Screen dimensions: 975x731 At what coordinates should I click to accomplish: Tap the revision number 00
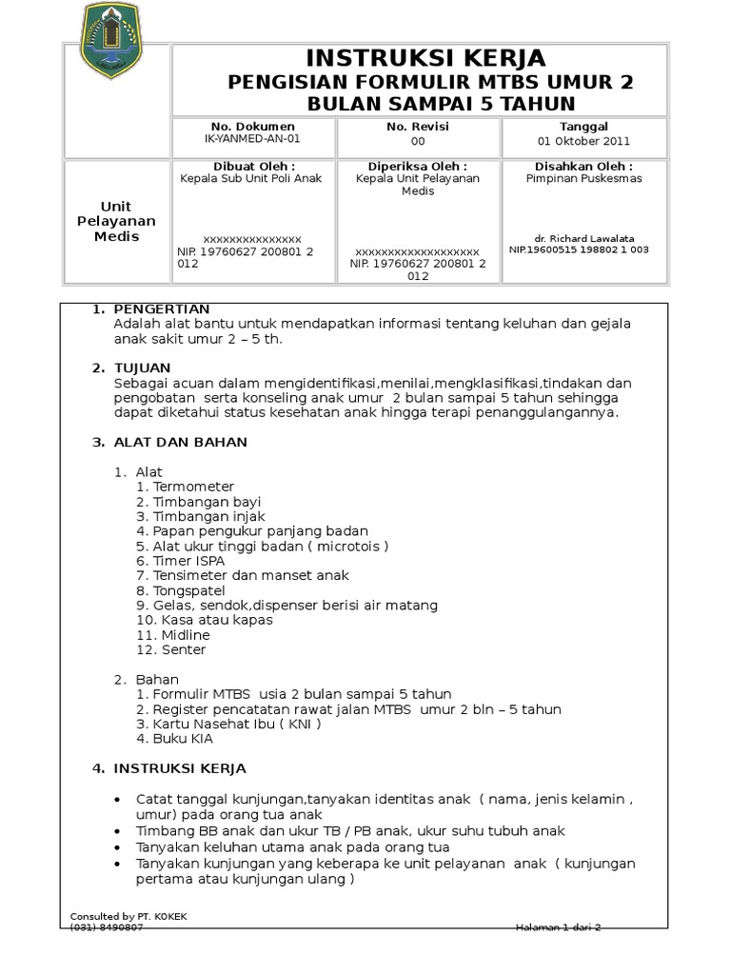pyautogui.click(x=418, y=141)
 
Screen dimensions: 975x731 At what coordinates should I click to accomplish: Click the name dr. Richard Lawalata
pyautogui.click(x=584, y=238)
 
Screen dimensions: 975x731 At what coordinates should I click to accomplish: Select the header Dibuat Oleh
pyautogui.click(x=252, y=166)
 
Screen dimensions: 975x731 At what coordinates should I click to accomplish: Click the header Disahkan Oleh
pyautogui.click(x=584, y=166)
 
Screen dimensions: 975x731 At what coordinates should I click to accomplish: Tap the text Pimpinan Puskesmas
pyautogui.click(x=584, y=178)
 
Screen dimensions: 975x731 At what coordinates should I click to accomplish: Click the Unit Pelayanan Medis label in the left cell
pyautogui.click(x=117, y=221)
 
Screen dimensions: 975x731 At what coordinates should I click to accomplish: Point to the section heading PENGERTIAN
pyautogui.click(x=162, y=309)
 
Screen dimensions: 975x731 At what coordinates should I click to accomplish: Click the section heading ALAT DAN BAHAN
pyautogui.click(x=181, y=442)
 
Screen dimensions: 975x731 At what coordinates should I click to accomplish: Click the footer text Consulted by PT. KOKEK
pyautogui.click(x=129, y=916)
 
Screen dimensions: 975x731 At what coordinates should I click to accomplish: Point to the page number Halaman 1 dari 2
pyautogui.click(x=559, y=927)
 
